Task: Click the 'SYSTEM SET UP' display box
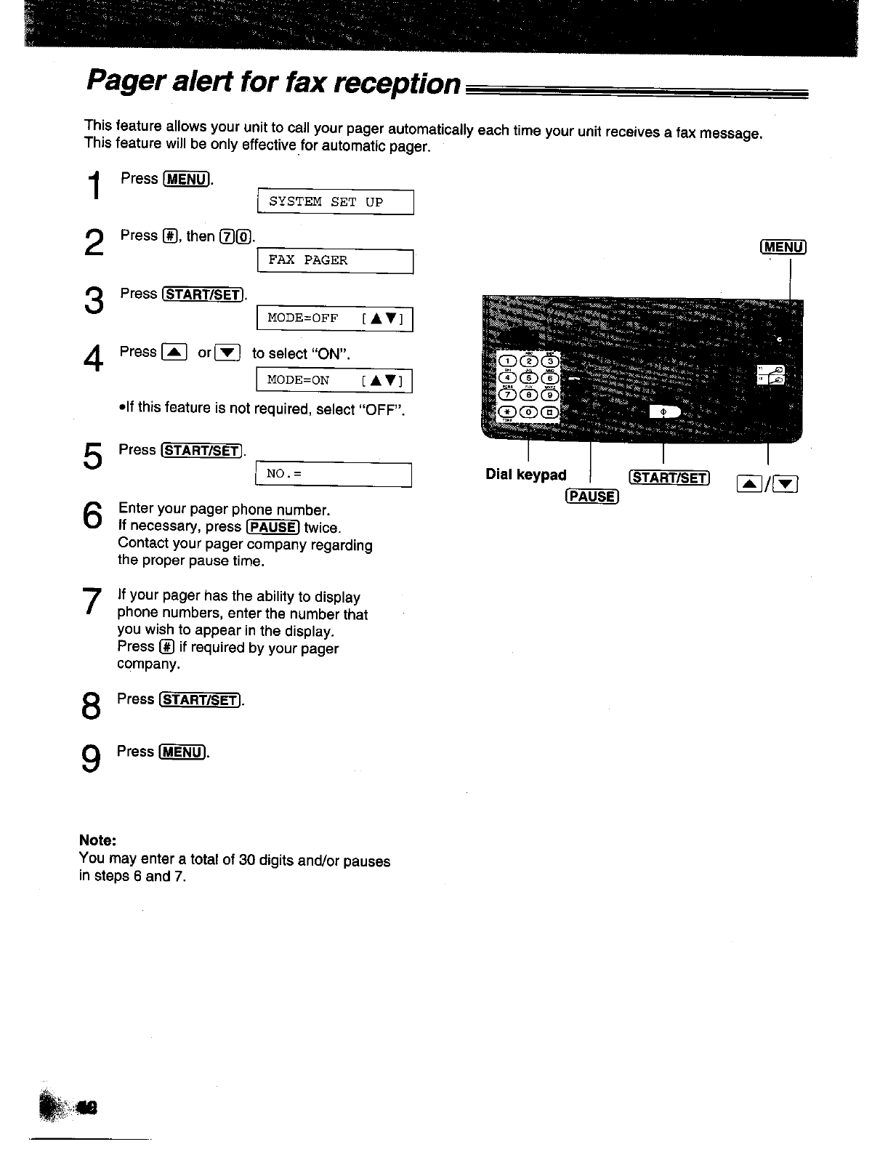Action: click(336, 202)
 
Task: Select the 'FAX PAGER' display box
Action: click(336, 260)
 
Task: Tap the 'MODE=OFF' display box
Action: click(336, 319)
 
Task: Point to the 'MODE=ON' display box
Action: click(336, 380)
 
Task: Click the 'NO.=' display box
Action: click(334, 475)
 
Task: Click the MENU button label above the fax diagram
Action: click(783, 247)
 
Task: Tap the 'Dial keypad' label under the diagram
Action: click(525, 475)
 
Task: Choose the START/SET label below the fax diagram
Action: click(668, 478)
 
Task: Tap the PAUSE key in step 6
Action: click(272, 527)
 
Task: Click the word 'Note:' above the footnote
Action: click(97, 840)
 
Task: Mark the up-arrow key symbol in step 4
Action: click(174, 353)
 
